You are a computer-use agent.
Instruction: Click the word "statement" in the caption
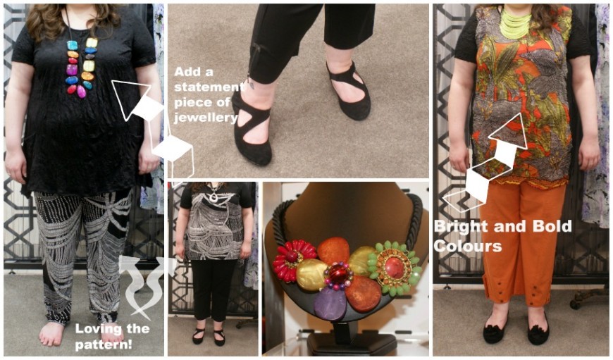click(x=206, y=87)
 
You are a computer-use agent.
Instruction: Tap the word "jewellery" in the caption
click(x=206, y=118)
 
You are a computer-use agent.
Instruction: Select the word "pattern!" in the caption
click(x=103, y=345)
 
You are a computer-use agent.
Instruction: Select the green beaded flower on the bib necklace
click(x=394, y=268)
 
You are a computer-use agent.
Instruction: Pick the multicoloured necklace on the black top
click(x=81, y=66)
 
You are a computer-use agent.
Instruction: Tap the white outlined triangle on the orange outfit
click(x=508, y=131)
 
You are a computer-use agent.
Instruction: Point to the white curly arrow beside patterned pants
click(x=140, y=285)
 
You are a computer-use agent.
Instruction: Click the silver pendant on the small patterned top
click(x=213, y=197)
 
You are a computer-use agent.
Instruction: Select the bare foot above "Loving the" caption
click(x=51, y=333)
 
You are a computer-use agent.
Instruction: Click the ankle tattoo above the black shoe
click(x=252, y=85)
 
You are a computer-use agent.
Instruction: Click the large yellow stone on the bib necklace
click(x=311, y=275)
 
